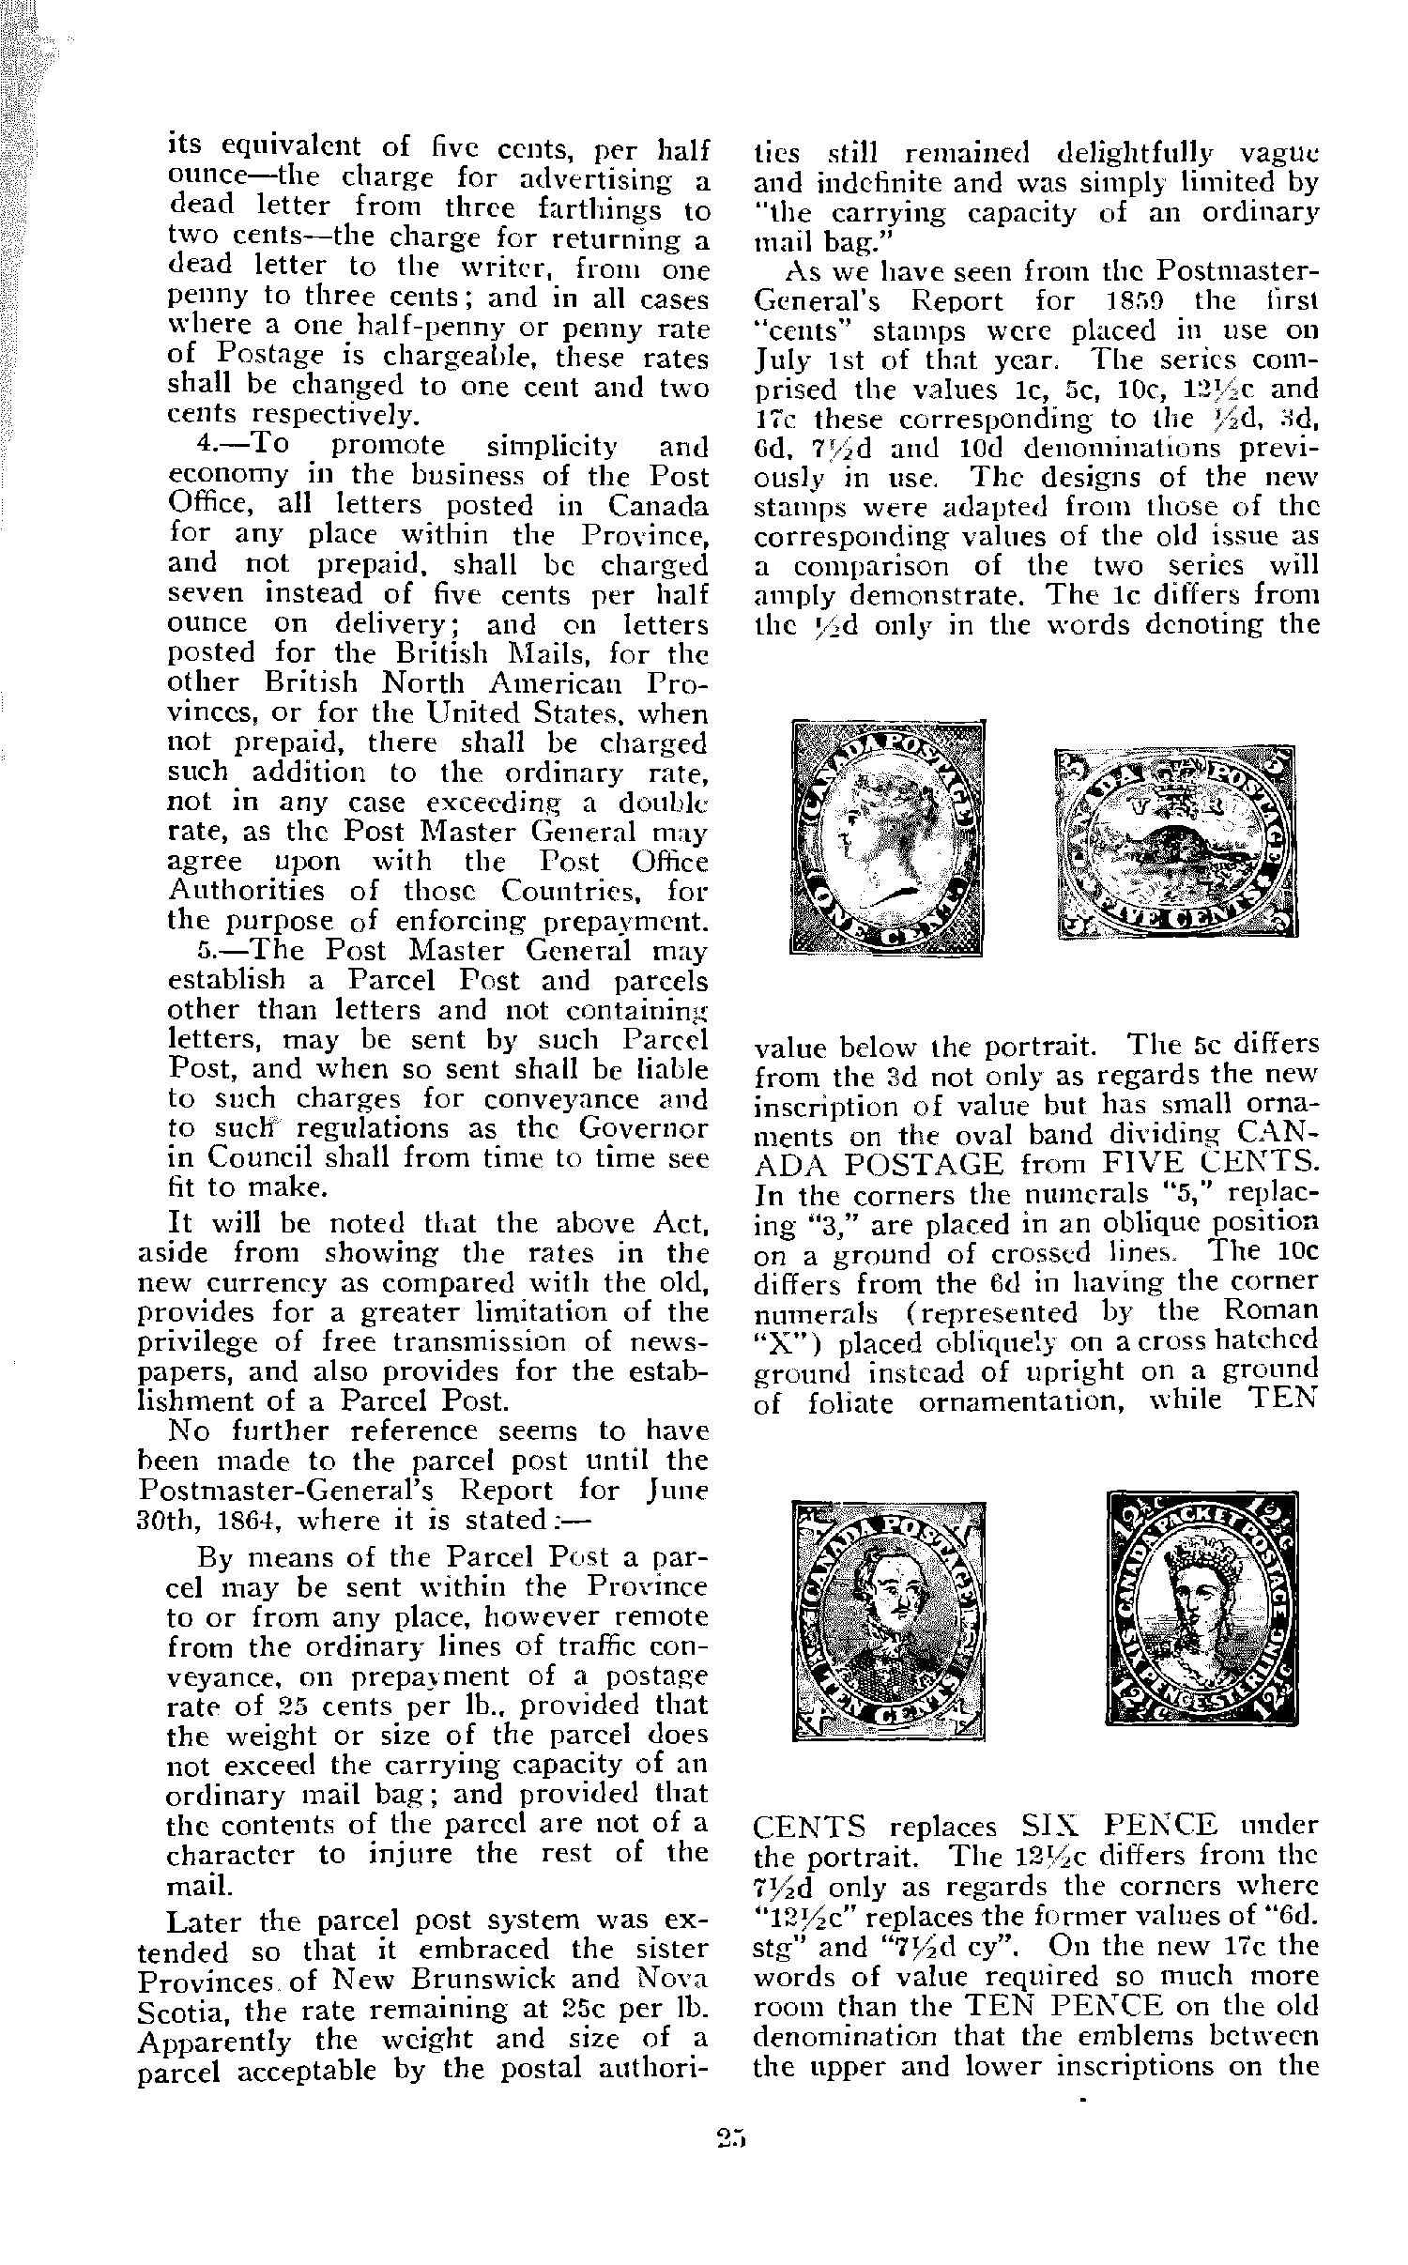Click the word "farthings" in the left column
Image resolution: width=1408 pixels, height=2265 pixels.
(578, 207)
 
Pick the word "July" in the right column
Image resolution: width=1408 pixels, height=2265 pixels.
(779, 360)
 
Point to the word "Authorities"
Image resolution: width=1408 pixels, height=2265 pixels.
(246, 890)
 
